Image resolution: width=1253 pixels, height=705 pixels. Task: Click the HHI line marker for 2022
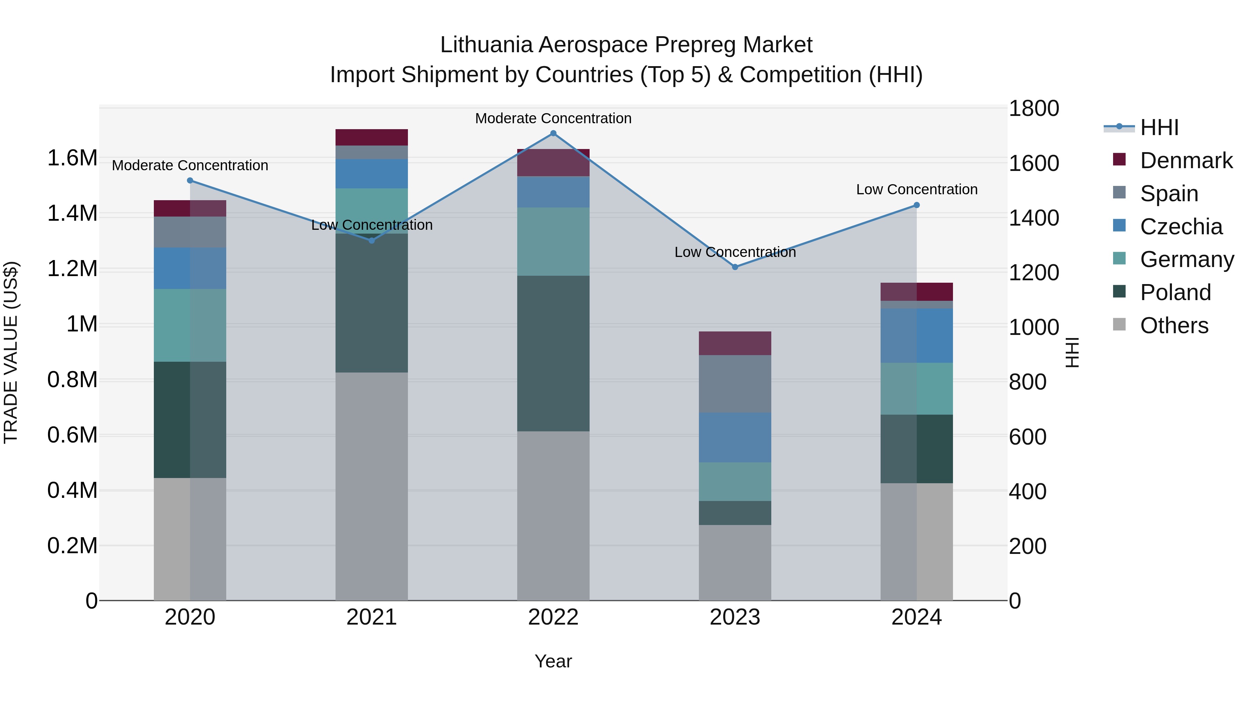pyautogui.click(x=553, y=133)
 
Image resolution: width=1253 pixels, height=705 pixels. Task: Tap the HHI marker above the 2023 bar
pyautogui.click(x=735, y=267)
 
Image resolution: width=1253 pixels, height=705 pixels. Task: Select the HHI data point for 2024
pyautogui.click(x=916, y=205)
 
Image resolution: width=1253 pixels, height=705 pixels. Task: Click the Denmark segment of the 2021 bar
pyautogui.click(x=372, y=137)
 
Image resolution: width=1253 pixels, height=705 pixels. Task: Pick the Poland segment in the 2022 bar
pyautogui.click(x=553, y=353)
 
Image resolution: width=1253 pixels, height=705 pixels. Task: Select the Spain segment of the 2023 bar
pyautogui.click(x=735, y=384)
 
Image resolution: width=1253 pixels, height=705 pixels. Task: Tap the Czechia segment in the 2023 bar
pyautogui.click(x=735, y=437)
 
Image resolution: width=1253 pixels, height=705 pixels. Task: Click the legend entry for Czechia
pyautogui.click(x=1181, y=227)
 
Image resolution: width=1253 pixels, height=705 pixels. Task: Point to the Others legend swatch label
pyautogui.click(x=1174, y=326)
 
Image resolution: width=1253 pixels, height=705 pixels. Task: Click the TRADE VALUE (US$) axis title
pyautogui.click(x=11, y=352)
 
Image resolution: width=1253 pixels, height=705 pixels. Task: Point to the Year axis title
pyautogui.click(x=553, y=661)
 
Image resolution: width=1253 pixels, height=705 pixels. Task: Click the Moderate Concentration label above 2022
pyautogui.click(x=553, y=118)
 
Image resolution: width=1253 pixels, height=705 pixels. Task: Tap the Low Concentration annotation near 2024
pyautogui.click(x=916, y=189)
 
